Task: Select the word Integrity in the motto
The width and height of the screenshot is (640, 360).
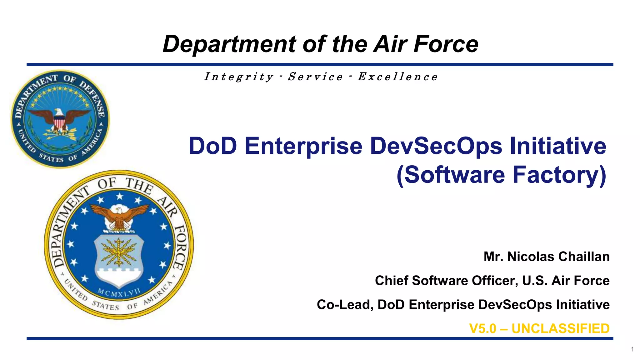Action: tap(239, 77)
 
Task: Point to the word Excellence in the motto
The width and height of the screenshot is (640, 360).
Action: tap(397, 77)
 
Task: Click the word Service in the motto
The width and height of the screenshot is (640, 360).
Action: tap(315, 77)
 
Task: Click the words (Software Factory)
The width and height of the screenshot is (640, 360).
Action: tap(501, 175)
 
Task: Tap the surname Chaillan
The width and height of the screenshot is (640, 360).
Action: tap(584, 257)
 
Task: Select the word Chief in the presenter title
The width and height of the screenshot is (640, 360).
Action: tap(392, 280)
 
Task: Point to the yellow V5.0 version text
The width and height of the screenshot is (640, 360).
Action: tap(482, 329)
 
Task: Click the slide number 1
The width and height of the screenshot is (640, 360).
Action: tap(632, 349)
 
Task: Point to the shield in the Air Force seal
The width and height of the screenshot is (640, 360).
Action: tap(119, 259)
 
